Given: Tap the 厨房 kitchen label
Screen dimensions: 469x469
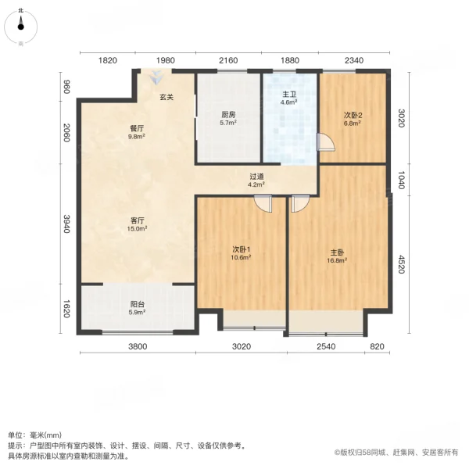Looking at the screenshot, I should point(227,114).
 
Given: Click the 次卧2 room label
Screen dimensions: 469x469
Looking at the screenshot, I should point(353,114).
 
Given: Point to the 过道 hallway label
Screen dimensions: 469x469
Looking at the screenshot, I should point(256,176).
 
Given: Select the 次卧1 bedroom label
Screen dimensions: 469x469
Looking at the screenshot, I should point(241,250).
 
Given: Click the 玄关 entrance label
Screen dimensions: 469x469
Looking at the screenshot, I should point(167,98).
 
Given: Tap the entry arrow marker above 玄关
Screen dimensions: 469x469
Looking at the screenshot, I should point(158,78).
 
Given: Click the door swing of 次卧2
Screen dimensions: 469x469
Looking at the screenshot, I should point(325,142).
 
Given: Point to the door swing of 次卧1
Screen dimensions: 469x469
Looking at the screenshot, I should point(263,203).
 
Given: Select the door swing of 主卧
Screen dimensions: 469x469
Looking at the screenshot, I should point(299,203).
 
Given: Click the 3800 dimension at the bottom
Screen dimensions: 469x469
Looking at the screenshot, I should point(138,347).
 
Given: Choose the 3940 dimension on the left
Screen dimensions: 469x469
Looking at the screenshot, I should point(66,225).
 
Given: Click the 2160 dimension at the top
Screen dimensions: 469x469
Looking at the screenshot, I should point(227,61).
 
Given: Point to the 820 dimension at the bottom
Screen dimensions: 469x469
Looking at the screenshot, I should point(377,347).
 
